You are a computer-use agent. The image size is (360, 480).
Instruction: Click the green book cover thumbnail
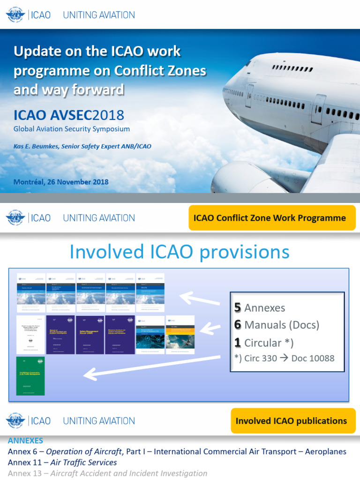[30, 376]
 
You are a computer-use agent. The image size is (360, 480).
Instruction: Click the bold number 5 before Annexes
[238, 308]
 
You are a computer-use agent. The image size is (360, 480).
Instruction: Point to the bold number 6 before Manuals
[238, 325]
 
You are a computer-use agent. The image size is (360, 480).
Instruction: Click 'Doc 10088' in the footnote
[313, 359]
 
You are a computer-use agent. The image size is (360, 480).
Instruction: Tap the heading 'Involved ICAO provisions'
[180, 252]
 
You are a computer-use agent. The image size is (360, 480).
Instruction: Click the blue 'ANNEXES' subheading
[25, 441]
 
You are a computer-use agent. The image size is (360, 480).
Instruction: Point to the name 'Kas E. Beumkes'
[36, 146]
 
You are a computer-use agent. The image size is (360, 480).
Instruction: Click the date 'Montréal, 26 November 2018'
[61, 182]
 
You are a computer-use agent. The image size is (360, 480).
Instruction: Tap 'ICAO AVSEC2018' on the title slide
[69, 115]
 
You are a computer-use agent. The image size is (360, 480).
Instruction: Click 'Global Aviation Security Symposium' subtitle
[71, 129]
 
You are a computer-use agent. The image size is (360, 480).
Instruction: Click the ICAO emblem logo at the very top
[15, 15]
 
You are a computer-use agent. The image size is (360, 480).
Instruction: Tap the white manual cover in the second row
[31, 335]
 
